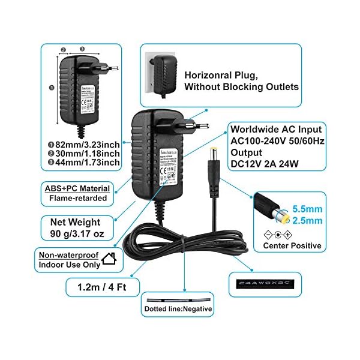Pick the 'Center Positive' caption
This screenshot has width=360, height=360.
tap(292, 245)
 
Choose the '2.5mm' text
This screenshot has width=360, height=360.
tap(307, 221)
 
